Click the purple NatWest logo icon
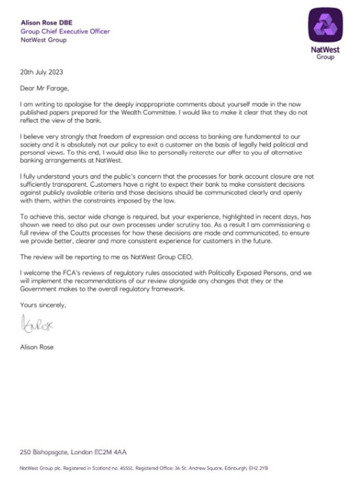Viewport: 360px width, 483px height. click(x=326, y=26)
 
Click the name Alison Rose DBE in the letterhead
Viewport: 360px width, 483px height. click(x=44, y=23)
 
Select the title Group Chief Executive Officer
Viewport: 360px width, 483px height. click(x=65, y=31)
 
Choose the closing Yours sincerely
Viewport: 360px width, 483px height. click(x=42, y=306)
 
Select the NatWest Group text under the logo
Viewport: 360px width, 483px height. click(x=326, y=53)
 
